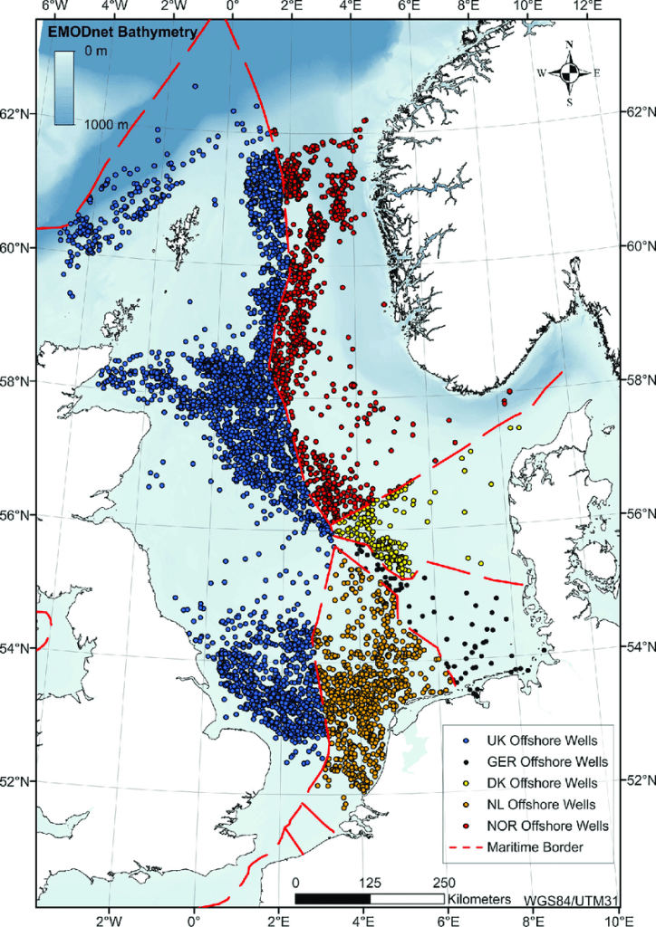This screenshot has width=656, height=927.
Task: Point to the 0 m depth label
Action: (x=95, y=53)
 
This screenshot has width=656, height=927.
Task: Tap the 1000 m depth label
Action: (x=107, y=124)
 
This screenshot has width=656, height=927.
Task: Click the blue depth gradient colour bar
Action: (x=63, y=88)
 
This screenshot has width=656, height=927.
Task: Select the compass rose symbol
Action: (x=569, y=72)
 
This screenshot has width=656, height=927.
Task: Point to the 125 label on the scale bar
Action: (x=370, y=883)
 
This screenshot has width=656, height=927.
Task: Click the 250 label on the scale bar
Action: (x=445, y=883)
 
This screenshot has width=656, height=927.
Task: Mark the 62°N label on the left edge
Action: (x=18, y=114)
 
